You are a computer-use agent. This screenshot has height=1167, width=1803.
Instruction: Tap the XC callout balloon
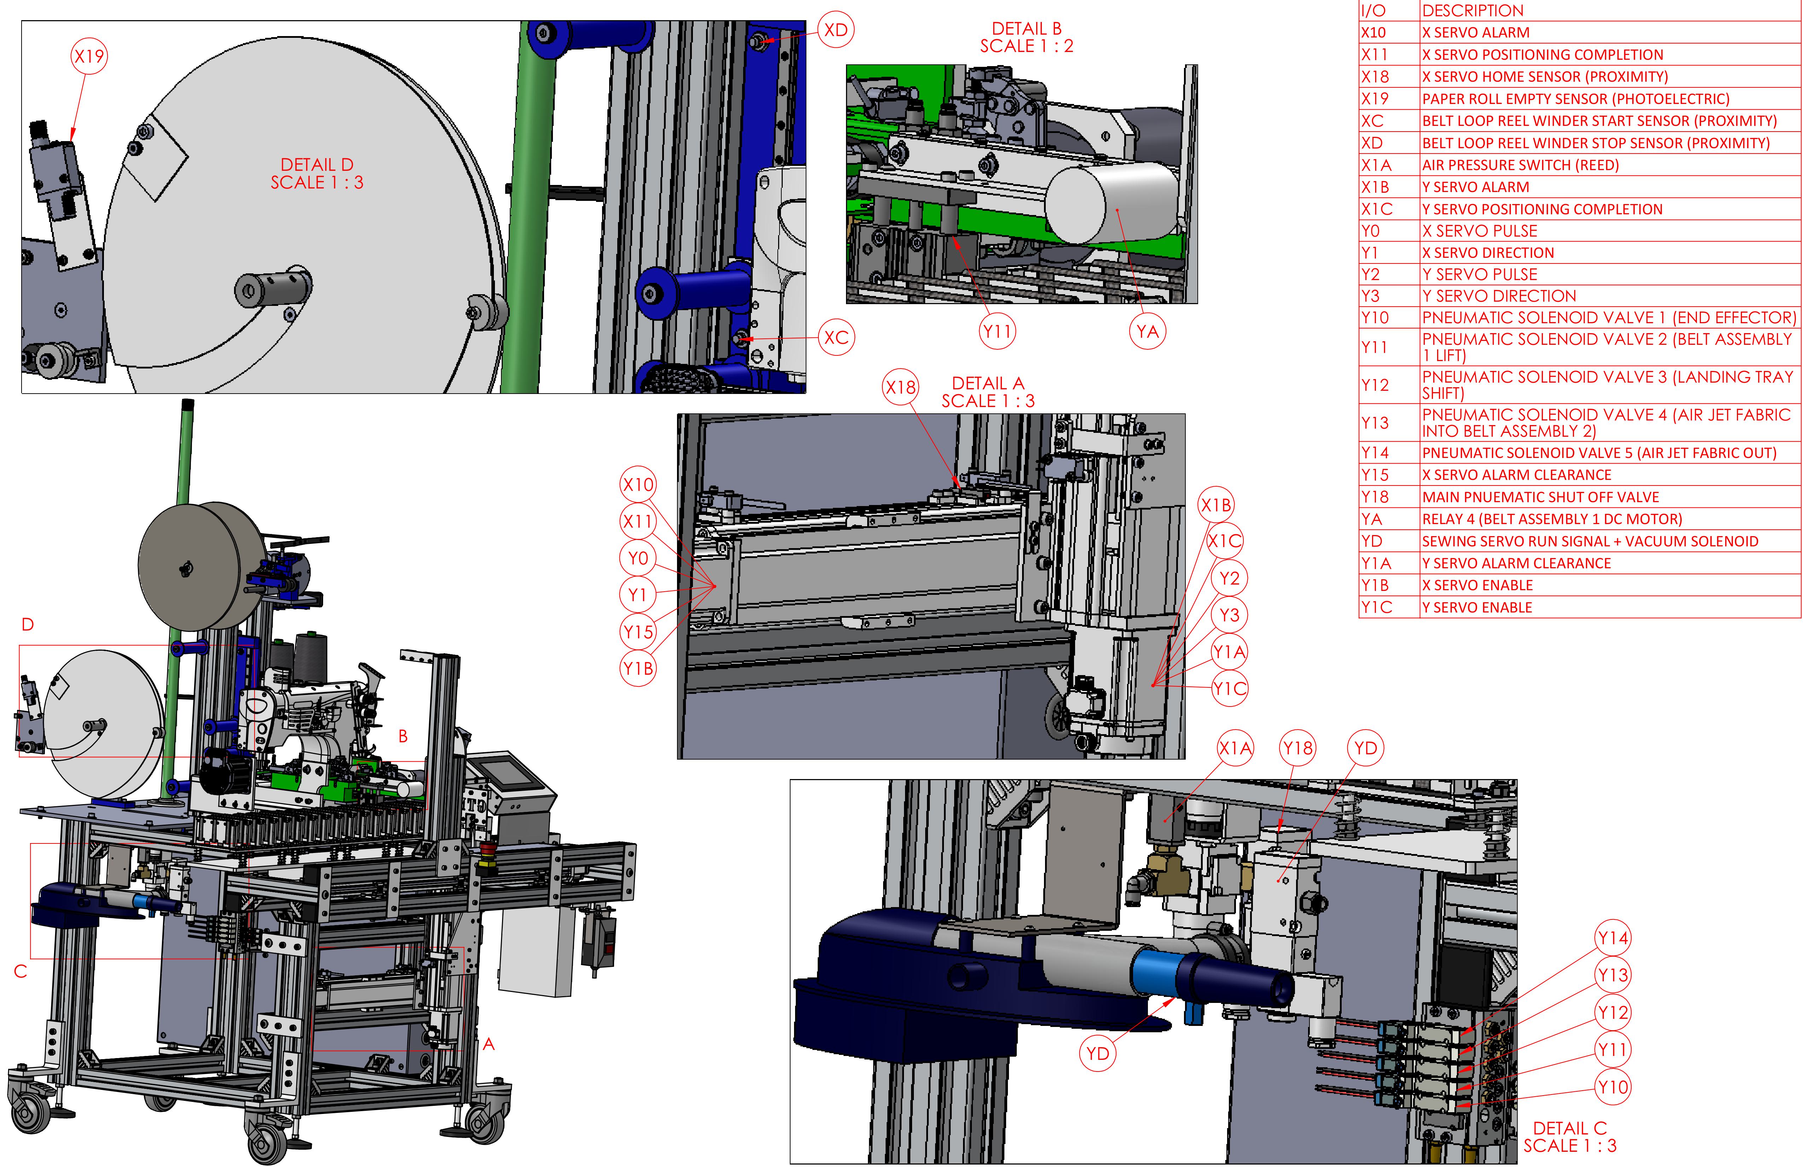click(x=836, y=337)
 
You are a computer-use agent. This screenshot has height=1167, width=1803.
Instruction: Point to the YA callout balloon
click(x=1147, y=331)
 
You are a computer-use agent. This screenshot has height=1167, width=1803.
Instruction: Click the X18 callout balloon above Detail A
click(x=901, y=387)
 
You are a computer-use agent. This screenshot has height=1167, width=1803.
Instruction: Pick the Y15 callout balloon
click(x=638, y=631)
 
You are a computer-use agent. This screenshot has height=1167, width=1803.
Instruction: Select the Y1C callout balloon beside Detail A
click(x=1229, y=688)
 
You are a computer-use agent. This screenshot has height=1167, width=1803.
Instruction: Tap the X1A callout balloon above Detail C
click(x=1235, y=748)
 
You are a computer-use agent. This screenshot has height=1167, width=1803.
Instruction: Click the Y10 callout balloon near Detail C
click(x=1612, y=1087)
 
